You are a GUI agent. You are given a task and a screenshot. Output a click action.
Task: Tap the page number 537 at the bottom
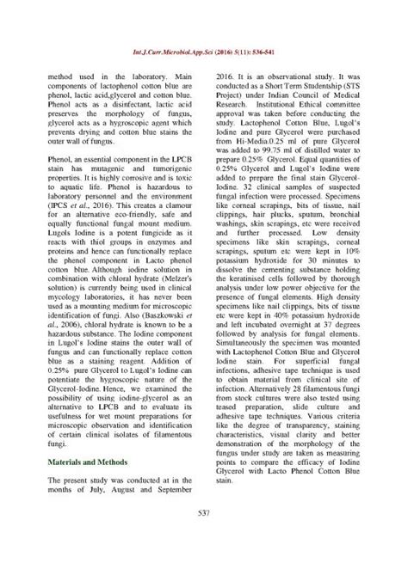[x=204, y=538]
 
